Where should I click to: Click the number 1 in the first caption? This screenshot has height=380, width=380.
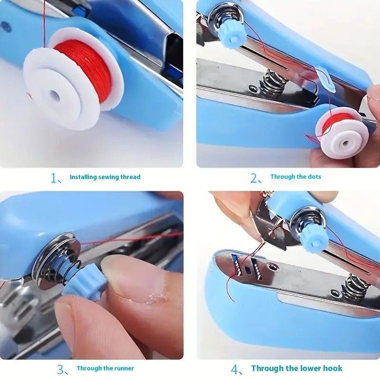54,178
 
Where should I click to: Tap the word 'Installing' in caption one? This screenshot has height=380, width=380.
84,177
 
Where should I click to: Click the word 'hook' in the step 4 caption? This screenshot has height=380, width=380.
332,368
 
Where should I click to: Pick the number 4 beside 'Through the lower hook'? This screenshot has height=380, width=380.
235,369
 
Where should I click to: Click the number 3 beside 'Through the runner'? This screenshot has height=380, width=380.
60,369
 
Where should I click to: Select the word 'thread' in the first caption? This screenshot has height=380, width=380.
131,177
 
